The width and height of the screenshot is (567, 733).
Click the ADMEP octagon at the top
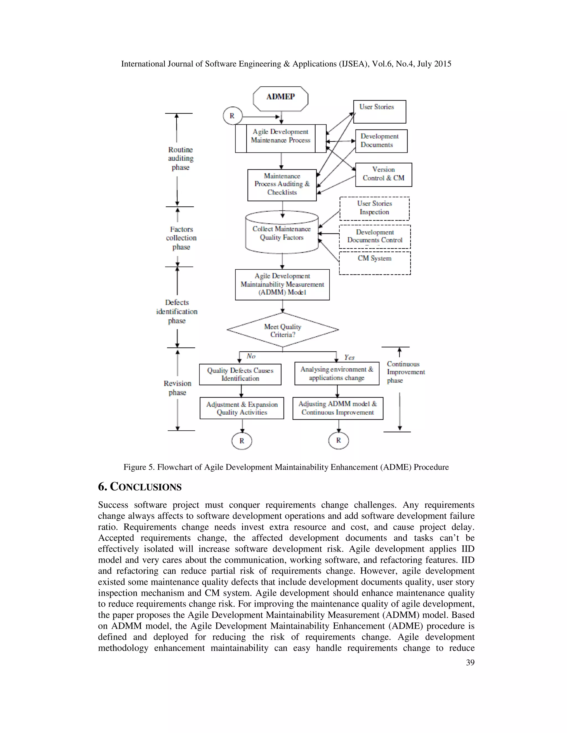point(280,98)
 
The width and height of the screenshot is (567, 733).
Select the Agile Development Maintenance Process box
point(280,138)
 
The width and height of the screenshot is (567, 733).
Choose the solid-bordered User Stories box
point(380,112)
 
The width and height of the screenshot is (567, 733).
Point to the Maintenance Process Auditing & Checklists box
point(282,185)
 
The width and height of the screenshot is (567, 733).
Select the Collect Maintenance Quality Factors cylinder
point(282,233)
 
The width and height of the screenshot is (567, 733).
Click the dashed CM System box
point(375,263)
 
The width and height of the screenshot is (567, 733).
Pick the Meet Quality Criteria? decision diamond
point(282,330)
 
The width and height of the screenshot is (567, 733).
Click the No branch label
point(251,356)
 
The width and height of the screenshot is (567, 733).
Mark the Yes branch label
point(349,357)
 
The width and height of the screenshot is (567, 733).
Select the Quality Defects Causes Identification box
point(240,374)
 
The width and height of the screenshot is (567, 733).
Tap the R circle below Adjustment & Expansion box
point(242,441)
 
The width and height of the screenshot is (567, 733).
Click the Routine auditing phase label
point(181,158)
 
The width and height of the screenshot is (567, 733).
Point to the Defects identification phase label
point(177,311)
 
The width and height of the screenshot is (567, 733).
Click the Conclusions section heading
point(140,487)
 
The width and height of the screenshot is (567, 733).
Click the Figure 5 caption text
point(286,467)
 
